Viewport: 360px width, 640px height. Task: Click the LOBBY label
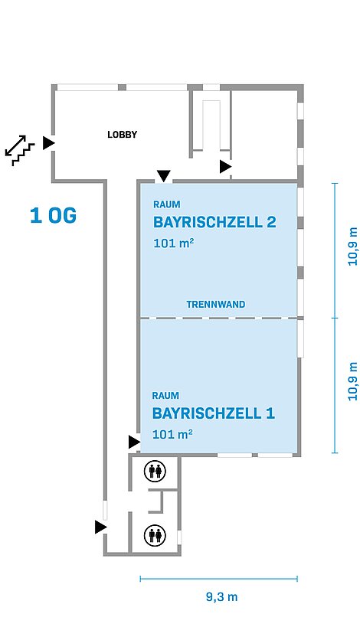(122, 134)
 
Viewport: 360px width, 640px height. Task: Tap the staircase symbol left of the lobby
(20, 150)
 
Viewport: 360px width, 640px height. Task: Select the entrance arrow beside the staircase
(49, 143)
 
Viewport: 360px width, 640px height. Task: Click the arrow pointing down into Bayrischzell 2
(164, 176)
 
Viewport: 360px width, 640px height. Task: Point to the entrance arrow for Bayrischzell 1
(135, 442)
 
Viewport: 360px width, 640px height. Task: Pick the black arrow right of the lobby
(226, 167)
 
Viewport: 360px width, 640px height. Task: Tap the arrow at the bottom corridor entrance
(101, 527)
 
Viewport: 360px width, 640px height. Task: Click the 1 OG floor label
(54, 216)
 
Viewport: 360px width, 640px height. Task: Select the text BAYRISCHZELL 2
(214, 222)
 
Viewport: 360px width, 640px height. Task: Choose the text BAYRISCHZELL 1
(214, 413)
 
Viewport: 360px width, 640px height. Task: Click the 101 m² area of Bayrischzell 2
(173, 243)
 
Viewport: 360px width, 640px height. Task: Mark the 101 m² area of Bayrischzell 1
(172, 434)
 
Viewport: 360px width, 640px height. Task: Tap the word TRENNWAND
(216, 305)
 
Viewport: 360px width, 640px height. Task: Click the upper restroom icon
(155, 472)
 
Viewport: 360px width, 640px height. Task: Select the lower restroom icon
(155, 534)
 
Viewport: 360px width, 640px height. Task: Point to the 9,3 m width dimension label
(221, 597)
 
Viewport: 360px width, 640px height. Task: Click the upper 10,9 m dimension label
(352, 247)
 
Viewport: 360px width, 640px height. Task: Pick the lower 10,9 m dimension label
(352, 381)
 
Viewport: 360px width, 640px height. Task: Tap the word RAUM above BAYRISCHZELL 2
(167, 204)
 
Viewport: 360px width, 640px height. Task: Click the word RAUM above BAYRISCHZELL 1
(165, 396)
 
